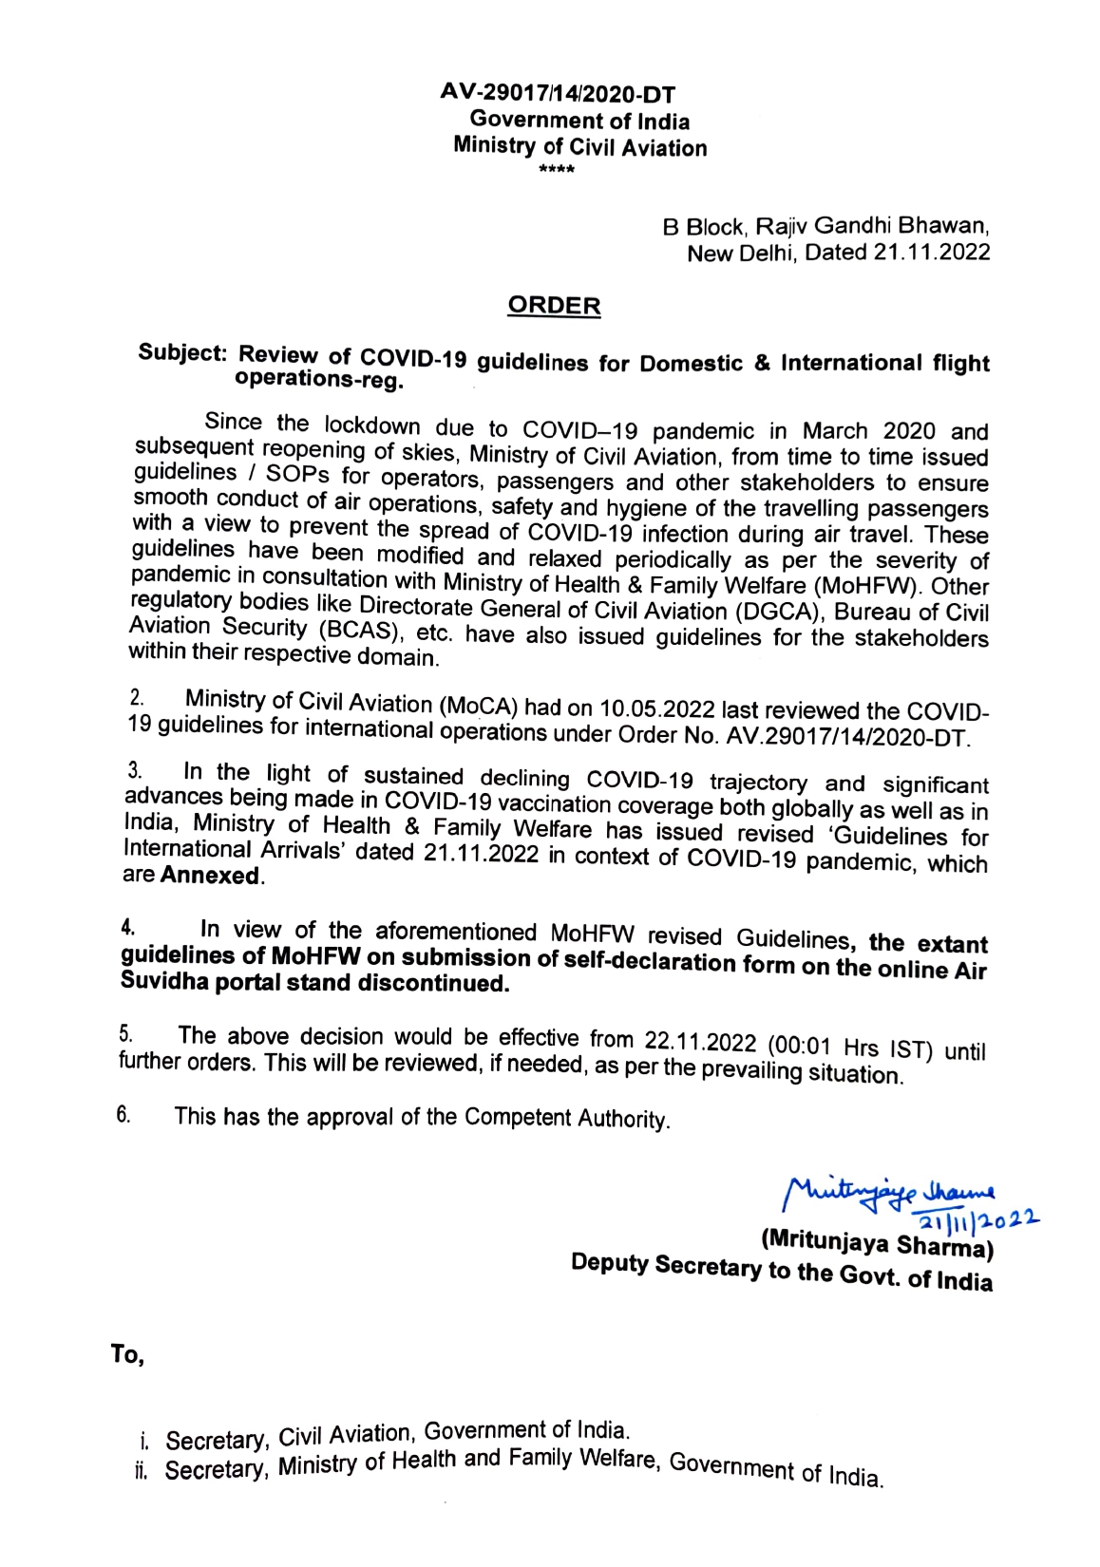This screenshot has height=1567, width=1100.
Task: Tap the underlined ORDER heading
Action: tap(554, 306)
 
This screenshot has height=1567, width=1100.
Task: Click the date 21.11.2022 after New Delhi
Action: tap(930, 253)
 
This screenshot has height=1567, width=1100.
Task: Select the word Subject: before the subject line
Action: tap(183, 351)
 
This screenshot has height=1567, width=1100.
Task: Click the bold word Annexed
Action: tap(211, 876)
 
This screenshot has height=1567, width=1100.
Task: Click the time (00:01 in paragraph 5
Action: tap(800, 1047)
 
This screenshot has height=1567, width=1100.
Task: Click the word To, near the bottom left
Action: tap(127, 1355)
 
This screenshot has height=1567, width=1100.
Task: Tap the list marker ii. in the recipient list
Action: tap(142, 1471)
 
